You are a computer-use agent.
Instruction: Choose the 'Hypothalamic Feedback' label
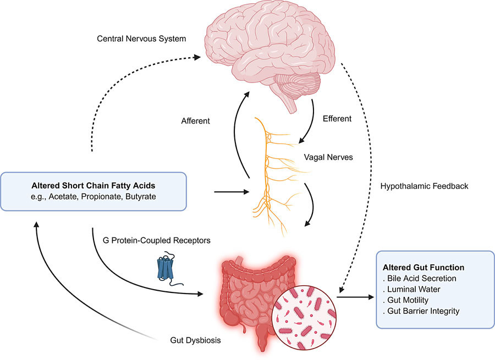coord(424,186)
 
